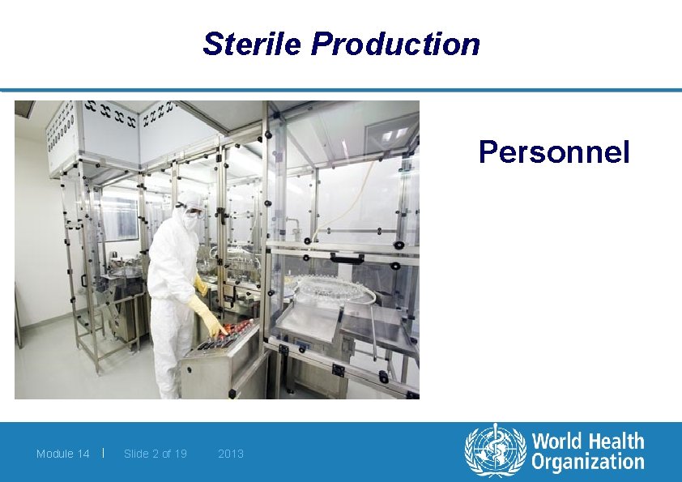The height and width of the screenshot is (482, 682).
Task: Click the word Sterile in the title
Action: coord(252,44)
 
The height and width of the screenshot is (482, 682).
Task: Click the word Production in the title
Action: coord(395,44)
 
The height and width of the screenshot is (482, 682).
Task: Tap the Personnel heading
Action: coord(554,151)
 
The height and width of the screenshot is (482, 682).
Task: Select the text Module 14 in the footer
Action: coord(62,454)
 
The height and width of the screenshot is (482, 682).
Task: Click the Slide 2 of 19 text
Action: coord(156,454)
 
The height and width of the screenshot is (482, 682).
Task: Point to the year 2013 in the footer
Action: coord(231,454)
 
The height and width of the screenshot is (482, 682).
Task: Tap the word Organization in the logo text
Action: coord(588,463)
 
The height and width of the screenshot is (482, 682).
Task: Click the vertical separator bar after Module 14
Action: coord(104,453)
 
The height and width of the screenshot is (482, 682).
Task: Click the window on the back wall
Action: coord(117,215)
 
